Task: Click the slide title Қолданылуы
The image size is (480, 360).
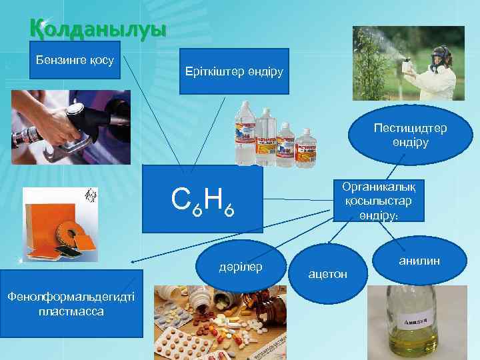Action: (x=97, y=29)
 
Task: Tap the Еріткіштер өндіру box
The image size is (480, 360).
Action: (x=234, y=71)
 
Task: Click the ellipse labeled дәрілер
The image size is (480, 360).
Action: (x=241, y=267)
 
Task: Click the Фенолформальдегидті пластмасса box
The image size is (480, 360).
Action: (x=71, y=305)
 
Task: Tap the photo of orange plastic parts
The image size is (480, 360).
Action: (x=60, y=224)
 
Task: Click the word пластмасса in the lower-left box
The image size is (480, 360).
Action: (x=71, y=312)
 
